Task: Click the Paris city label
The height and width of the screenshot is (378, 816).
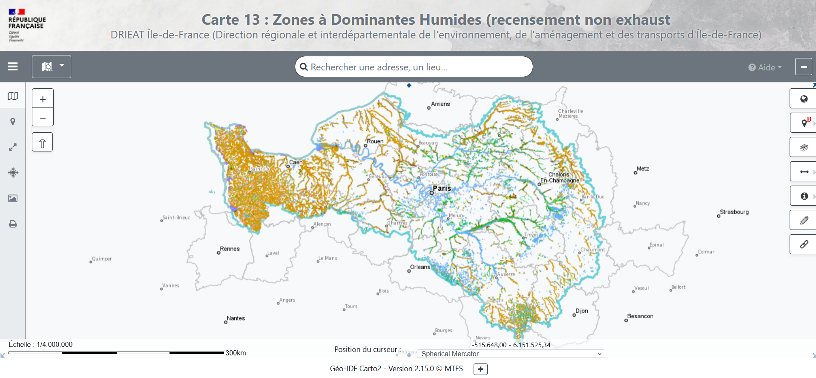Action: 442,188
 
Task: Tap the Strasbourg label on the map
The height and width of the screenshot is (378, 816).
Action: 734,212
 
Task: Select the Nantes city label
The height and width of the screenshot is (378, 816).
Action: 236,318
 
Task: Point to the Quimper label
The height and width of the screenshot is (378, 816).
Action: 102,259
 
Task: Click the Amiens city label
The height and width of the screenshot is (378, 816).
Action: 440,104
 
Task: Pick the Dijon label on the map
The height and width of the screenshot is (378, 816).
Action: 581,311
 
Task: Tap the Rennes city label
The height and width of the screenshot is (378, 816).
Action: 230,249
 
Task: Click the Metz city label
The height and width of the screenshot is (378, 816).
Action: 643,169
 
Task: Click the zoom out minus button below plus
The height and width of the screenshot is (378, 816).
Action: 43,117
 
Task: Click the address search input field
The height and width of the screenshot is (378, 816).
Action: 413,67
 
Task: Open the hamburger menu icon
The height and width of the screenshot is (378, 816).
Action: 13,67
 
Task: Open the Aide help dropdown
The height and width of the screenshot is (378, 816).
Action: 765,67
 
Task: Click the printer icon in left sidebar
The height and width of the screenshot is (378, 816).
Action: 13,224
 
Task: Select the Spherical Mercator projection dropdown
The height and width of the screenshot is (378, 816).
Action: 511,354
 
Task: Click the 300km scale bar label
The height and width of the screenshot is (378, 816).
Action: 236,353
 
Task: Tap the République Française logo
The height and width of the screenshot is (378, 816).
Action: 26,25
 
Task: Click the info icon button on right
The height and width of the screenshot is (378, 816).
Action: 804,196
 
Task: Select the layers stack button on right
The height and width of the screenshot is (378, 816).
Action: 804,148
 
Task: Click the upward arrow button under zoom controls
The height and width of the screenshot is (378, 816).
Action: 43,142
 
